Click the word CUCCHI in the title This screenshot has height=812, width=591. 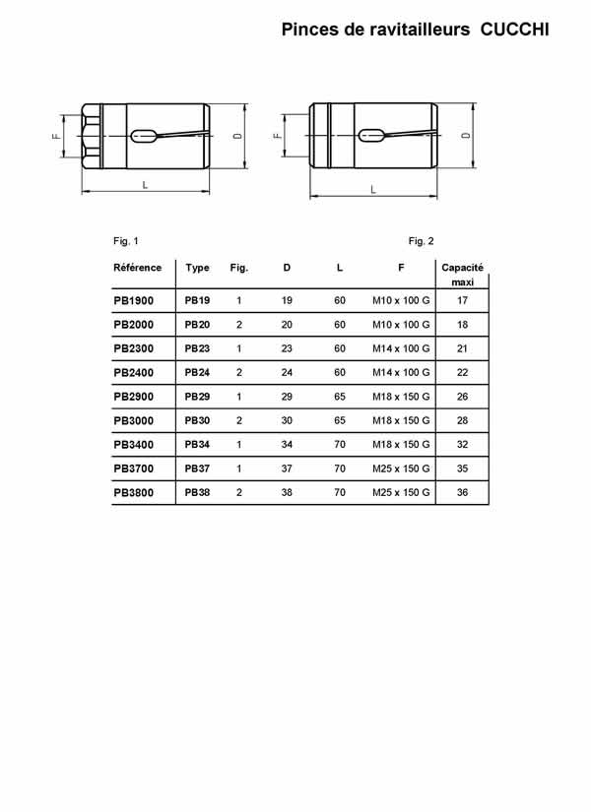tap(514, 31)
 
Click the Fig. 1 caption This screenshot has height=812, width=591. tap(126, 241)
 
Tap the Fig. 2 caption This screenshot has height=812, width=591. tap(421, 241)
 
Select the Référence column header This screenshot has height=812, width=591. tap(138, 268)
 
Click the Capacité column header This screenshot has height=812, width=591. tap(462, 268)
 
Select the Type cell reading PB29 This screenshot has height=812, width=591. tap(197, 397)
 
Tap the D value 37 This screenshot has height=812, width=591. tap(287, 468)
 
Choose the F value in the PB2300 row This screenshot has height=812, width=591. tap(401, 348)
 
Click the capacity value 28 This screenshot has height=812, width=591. tap(462, 420)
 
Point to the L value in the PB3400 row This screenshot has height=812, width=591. tap(340, 445)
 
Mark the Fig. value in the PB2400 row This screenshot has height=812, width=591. tap(239, 373)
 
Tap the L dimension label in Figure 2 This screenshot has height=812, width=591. tap(372, 189)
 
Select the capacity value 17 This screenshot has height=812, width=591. tap(462, 300)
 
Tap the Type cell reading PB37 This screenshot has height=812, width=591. tap(197, 468)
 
